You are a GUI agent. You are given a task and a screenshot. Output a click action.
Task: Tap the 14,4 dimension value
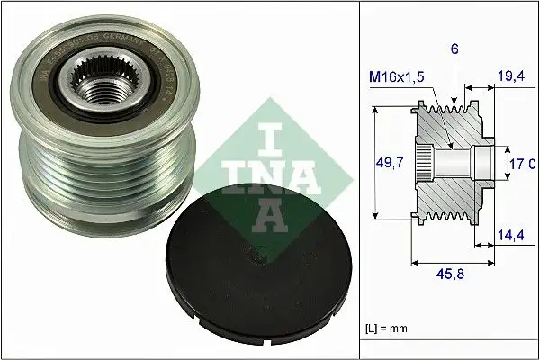(x=509, y=236)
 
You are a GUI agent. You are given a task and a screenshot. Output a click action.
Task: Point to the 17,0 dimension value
(x=523, y=165)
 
